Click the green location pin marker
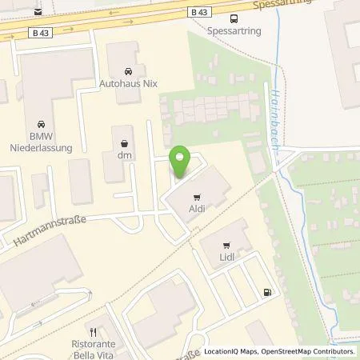point(180,162)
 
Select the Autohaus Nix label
point(130,83)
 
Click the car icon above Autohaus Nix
point(130,70)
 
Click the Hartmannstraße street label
point(50,231)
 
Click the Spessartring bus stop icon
point(234,19)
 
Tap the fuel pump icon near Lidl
point(266,292)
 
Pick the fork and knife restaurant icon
point(94,330)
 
